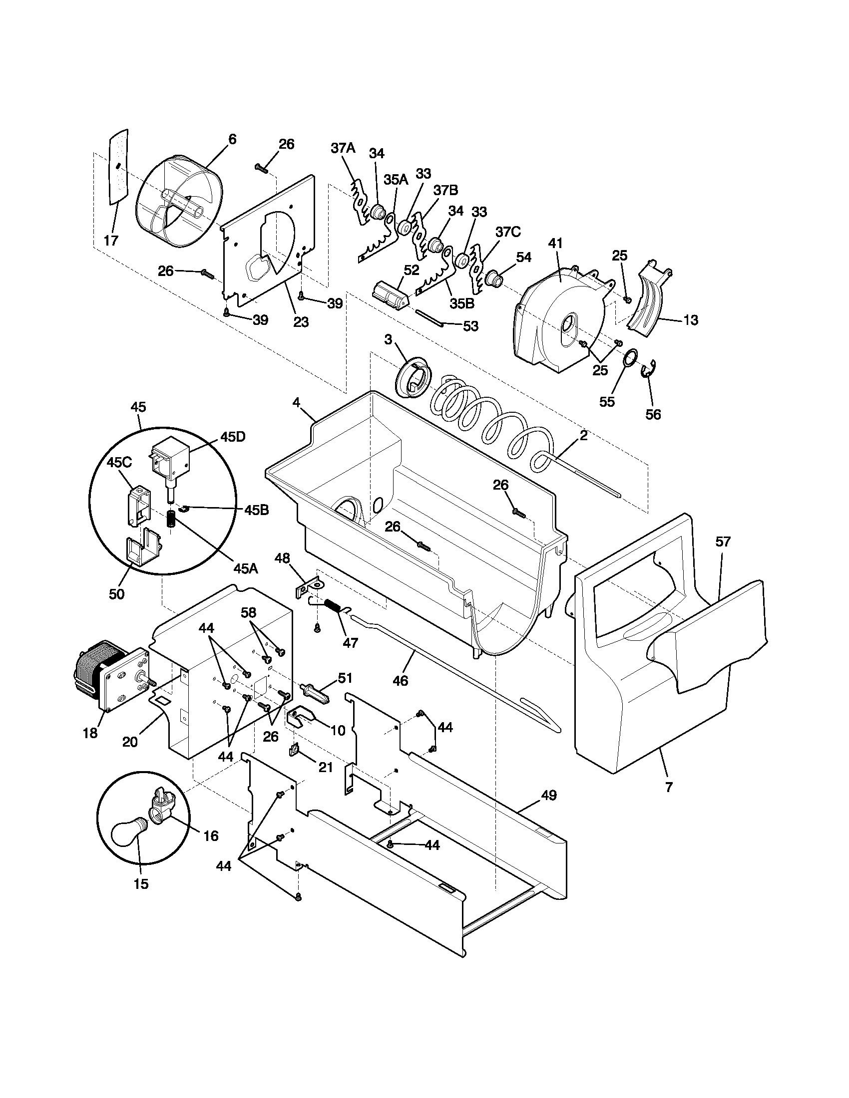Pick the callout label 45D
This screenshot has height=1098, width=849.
233,436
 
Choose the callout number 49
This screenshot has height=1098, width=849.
549,796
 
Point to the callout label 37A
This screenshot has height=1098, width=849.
343,148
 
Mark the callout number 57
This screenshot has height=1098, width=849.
723,542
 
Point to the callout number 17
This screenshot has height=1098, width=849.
111,241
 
